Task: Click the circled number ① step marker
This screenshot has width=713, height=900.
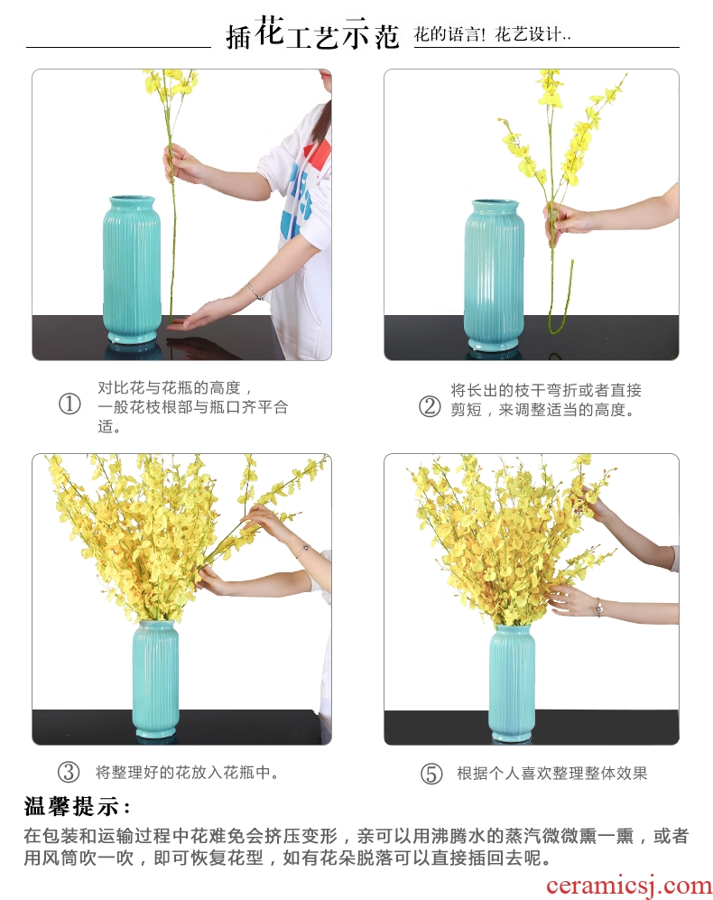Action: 70,404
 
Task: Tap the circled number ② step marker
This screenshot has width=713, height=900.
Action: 430,406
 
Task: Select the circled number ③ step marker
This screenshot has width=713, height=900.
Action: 69,772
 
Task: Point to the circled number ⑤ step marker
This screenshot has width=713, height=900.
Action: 431,773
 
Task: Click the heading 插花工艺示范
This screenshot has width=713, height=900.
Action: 312,32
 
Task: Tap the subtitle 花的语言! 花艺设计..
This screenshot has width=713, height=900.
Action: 493,34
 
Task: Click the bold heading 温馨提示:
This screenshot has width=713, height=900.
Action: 78,806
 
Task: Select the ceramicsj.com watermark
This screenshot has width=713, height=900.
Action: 628,886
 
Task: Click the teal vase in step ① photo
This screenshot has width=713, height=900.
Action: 132,270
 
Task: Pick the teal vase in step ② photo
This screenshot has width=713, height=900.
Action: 494,274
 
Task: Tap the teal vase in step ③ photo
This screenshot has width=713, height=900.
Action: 155,680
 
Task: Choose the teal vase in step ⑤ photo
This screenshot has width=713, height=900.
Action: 512,683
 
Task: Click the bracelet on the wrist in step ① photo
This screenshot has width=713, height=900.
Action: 255,291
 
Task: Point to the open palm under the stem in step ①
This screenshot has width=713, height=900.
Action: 195,318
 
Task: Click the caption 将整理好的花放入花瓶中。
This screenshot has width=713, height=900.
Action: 187,772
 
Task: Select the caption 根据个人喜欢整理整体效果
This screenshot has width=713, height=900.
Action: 552,773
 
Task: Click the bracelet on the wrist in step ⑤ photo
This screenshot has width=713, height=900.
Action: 598,608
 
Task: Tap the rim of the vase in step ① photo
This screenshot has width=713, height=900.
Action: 132,199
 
